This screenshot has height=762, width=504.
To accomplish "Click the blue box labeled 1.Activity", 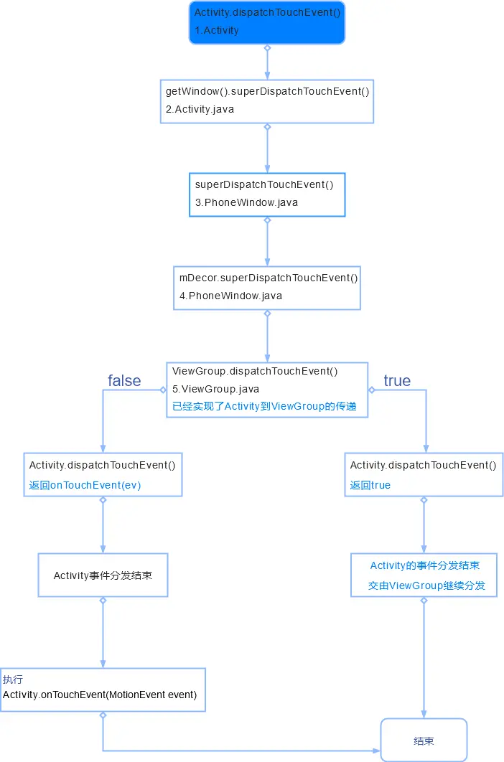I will [267, 22].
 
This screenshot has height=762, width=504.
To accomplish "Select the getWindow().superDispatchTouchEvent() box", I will [267, 100].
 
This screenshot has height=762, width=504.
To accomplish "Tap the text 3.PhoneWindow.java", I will [246, 202].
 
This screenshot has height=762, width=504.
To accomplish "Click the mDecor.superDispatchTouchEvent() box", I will [267, 287].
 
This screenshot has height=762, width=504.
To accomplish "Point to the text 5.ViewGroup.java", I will [215, 389].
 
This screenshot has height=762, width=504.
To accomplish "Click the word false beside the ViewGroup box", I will [124, 380].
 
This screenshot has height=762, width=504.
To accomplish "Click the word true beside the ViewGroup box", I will [397, 380].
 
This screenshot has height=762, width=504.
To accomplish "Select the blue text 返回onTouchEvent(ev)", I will [85, 485].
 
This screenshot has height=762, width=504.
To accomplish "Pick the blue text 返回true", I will [370, 485].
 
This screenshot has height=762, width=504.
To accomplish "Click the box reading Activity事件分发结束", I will [103, 575].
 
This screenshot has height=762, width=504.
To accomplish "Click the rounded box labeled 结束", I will [424, 740].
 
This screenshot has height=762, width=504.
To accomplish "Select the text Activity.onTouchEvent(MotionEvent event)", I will [100, 695].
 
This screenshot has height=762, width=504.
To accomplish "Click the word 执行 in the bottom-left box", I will [13, 679].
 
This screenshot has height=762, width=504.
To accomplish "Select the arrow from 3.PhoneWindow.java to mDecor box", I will [267, 242].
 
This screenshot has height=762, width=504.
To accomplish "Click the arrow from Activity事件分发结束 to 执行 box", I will [103, 632].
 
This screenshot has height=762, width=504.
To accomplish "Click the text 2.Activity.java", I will [200, 109].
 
